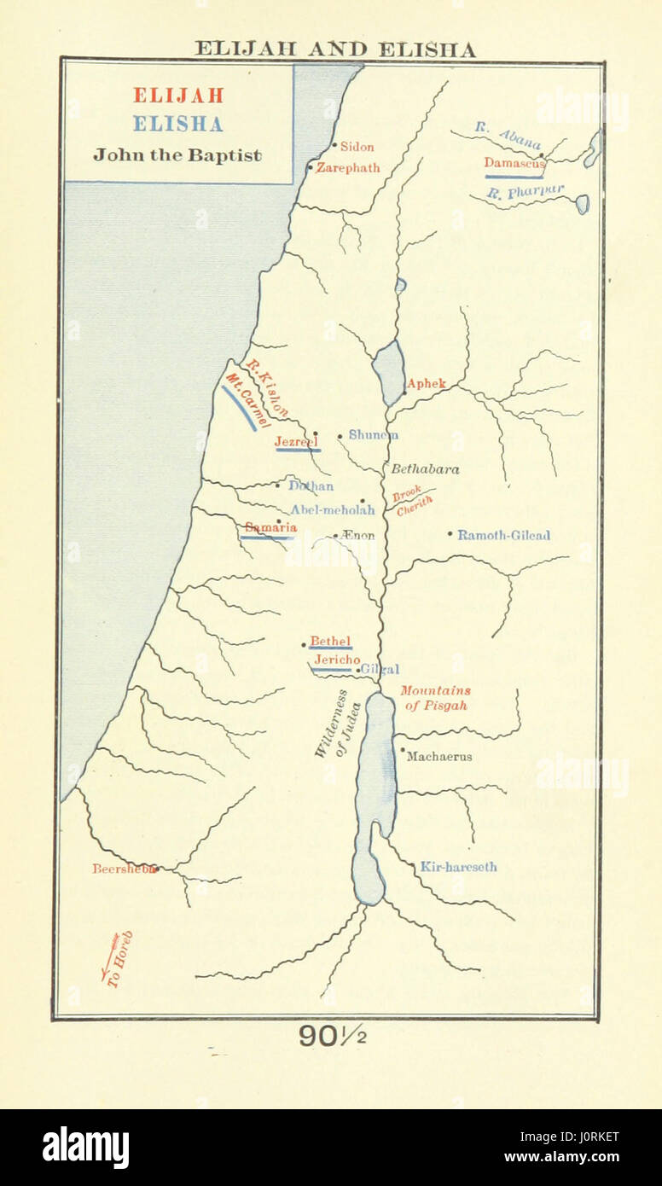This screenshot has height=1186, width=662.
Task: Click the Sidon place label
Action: point(357,147)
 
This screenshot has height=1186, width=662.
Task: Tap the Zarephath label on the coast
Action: point(347,168)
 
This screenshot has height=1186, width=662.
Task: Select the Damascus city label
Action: point(514,162)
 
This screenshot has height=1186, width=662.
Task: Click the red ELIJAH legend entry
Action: point(177,96)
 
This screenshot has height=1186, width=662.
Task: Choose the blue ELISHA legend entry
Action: point(177,125)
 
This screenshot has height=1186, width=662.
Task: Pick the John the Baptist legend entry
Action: point(177,155)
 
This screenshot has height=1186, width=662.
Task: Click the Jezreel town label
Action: point(295,441)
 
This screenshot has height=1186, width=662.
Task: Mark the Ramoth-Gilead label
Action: point(503,536)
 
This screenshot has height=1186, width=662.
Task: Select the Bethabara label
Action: point(425,469)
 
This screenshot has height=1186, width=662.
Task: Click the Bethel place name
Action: point(330,641)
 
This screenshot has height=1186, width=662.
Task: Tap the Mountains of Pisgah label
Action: point(435,698)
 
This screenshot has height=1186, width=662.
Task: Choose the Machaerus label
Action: point(438,756)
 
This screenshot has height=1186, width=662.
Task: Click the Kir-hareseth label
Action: point(458,867)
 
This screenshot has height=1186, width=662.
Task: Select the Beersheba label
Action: point(125,869)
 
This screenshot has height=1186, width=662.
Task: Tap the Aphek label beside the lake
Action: point(426,384)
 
